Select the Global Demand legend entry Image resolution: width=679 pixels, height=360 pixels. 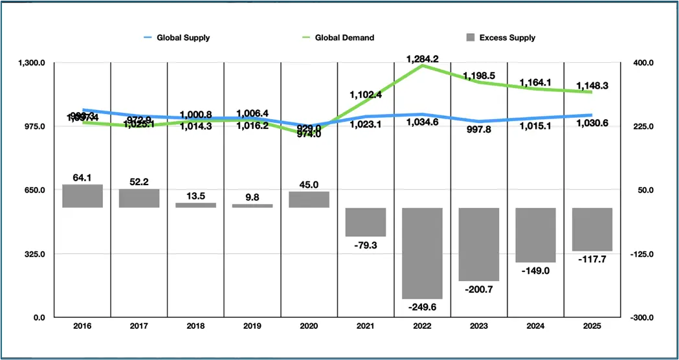coord(344,38)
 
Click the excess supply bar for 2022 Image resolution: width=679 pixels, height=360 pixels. coord(422,253)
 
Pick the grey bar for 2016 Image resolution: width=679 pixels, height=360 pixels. coord(82,196)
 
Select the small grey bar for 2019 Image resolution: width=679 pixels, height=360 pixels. coord(252,206)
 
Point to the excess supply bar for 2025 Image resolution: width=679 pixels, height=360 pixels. coord(592,229)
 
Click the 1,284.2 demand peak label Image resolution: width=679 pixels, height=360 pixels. coord(423,59)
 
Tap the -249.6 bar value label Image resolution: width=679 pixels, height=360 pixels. coord(422,307)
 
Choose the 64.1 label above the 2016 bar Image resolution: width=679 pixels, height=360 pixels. coord(82,177)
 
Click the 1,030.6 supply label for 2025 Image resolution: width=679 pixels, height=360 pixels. coord(592,124)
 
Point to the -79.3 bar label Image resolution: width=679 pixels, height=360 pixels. coord(366,245)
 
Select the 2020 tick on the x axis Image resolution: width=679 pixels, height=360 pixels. coord(309,328)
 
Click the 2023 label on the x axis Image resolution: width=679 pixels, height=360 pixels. coord(479,328)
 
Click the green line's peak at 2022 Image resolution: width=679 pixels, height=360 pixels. coord(423,65)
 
